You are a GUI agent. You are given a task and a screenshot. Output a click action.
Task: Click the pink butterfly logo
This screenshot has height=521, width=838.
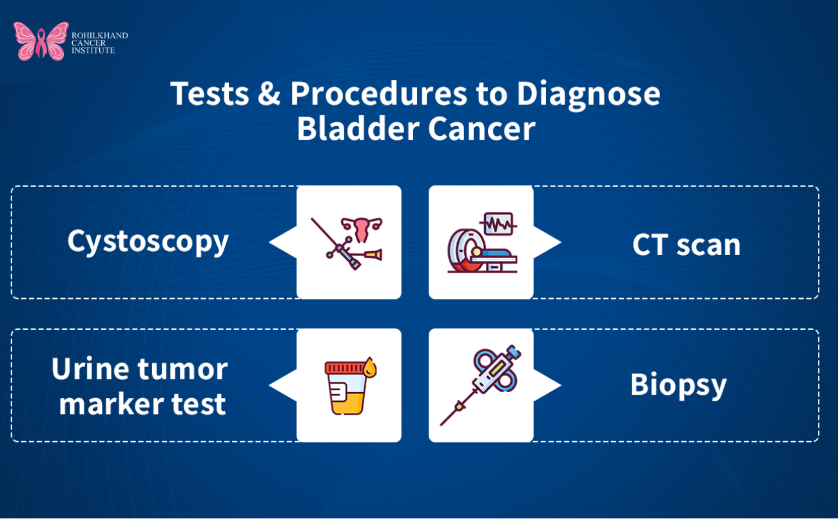coord(41,41)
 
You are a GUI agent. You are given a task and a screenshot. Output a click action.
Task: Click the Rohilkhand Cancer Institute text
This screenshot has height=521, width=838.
coord(99,43)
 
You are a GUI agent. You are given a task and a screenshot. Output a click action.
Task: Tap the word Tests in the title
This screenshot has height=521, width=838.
coord(209,94)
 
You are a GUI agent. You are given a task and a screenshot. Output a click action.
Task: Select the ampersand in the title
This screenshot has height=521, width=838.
coord(269,94)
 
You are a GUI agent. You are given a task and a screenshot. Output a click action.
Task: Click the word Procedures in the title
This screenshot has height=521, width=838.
coord(380,94)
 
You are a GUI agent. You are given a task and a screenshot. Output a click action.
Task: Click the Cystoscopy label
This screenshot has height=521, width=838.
coord(148,242)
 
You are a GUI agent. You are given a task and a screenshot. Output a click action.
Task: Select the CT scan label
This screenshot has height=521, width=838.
coord(687,245)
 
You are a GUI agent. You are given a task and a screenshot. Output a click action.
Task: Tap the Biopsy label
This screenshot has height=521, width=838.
coord(678,384)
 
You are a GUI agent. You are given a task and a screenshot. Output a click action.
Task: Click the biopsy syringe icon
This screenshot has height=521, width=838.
coord(480,384)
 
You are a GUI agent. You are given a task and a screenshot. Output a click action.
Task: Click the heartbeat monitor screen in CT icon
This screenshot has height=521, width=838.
coord(497,224)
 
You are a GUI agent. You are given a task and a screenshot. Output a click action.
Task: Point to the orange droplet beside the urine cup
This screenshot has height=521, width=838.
coord(369,368)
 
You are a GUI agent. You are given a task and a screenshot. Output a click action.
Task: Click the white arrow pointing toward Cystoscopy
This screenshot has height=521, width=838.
coord(282,242)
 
